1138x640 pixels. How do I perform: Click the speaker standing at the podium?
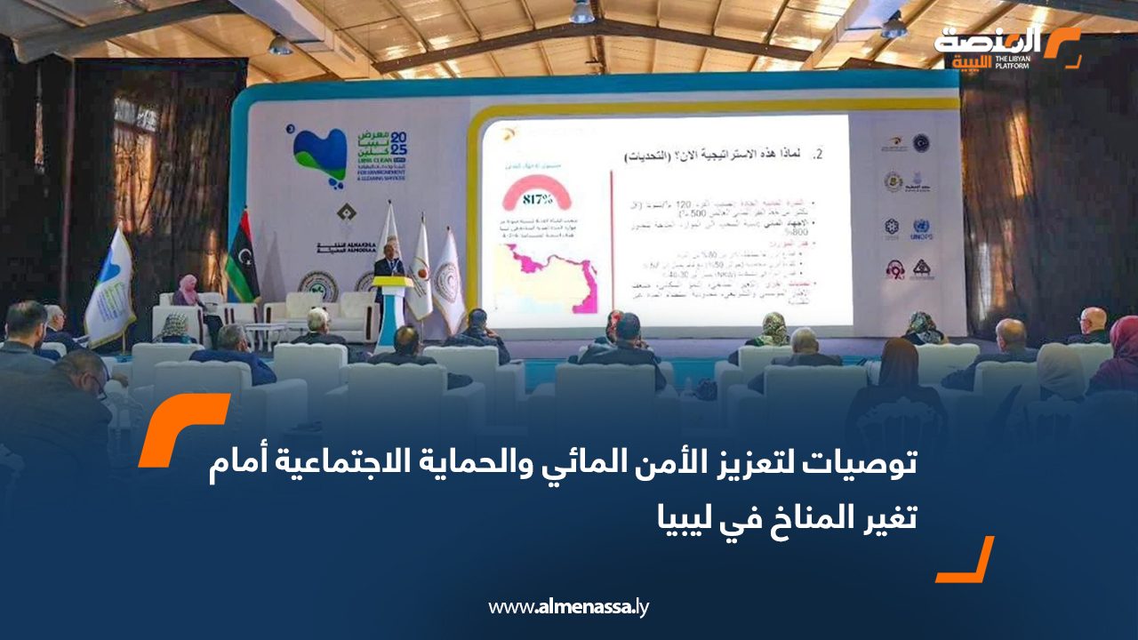point(387,271)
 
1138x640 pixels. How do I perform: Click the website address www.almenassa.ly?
point(569,607)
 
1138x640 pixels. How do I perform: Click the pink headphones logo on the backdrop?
point(894,268)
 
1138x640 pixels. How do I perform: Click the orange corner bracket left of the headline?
point(182,428)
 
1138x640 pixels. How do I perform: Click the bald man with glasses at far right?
point(1092,324)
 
